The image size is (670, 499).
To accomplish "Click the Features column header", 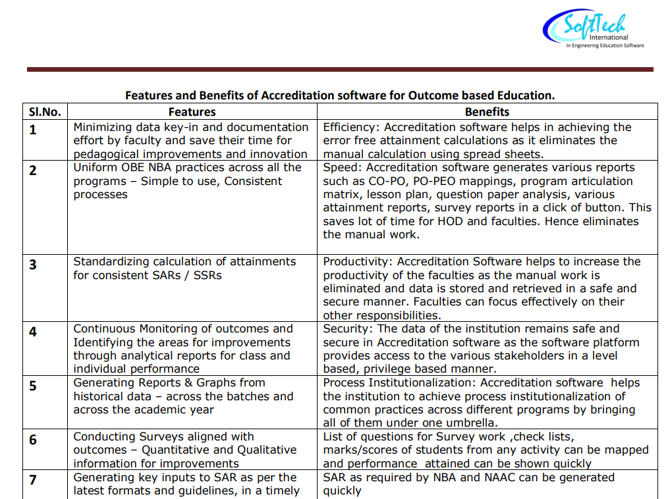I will pos(192,112).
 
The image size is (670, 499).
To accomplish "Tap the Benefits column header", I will pos(487,112).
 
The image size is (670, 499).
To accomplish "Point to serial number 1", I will pos(33,130).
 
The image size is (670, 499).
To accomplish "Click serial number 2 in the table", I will pos(33,171).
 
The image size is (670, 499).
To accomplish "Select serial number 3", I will pos(33,265).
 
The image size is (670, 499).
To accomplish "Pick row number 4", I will pos(33,332).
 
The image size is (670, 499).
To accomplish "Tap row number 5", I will pos(33,386).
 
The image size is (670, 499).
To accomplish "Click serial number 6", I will pos(33,440).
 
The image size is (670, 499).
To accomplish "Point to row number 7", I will pos(33,480).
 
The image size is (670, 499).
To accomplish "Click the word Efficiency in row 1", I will pos(350,127).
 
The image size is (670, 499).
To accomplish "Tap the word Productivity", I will pos(358,262).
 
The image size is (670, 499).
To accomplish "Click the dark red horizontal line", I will pos(340,69).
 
